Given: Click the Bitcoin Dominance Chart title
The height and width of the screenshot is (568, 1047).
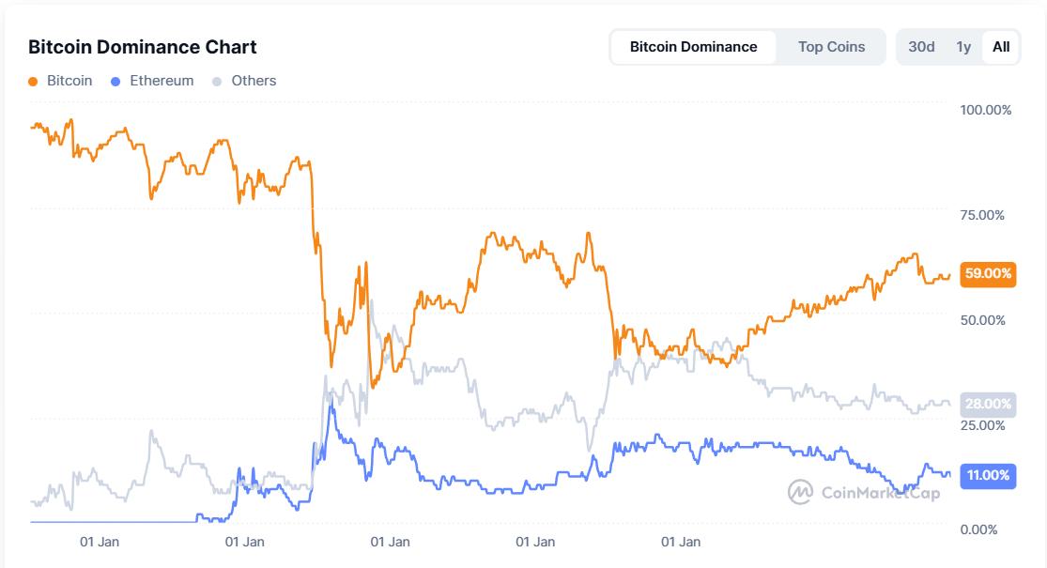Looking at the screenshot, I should [x=142, y=47].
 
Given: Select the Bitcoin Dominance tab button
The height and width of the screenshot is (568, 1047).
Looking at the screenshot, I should [x=693, y=47].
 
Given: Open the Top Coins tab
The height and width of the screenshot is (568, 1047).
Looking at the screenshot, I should [x=831, y=47].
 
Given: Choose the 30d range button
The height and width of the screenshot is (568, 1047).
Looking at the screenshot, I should [x=921, y=47].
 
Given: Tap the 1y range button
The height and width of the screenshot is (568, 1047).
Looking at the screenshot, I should [x=963, y=47].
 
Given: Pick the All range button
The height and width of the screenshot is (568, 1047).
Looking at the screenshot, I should [x=1001, y=47].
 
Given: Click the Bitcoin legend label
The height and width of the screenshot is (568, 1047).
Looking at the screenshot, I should [x=69, y=81].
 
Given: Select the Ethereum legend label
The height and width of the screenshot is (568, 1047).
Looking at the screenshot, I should [x=162, y=81].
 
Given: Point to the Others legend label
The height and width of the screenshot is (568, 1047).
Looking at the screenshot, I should [x=254, y=81].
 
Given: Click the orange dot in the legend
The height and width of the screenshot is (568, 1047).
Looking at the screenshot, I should [x=34, y=82].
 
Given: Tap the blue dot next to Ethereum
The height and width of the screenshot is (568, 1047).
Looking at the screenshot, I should [x=115, y=82].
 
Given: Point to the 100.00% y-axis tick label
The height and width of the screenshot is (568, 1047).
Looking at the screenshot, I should [x=985, y=110].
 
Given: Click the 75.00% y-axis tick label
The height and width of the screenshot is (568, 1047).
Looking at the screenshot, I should [x=982, y=215].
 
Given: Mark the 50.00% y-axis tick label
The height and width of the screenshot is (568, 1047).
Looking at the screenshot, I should [x=982, y=320].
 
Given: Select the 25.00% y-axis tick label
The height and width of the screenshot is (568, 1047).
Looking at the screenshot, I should [x=982, y=425].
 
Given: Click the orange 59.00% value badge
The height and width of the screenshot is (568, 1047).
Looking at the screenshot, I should [x=989, y=274].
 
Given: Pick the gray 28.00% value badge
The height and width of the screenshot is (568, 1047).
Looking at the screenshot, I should [x=989, y=405].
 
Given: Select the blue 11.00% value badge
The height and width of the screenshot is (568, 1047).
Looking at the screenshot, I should [x=989, y=475].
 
